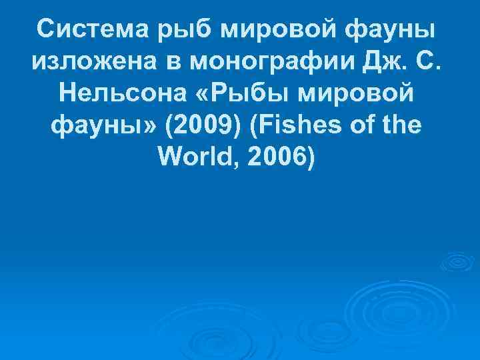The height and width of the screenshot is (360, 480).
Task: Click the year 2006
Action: point(277,159)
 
